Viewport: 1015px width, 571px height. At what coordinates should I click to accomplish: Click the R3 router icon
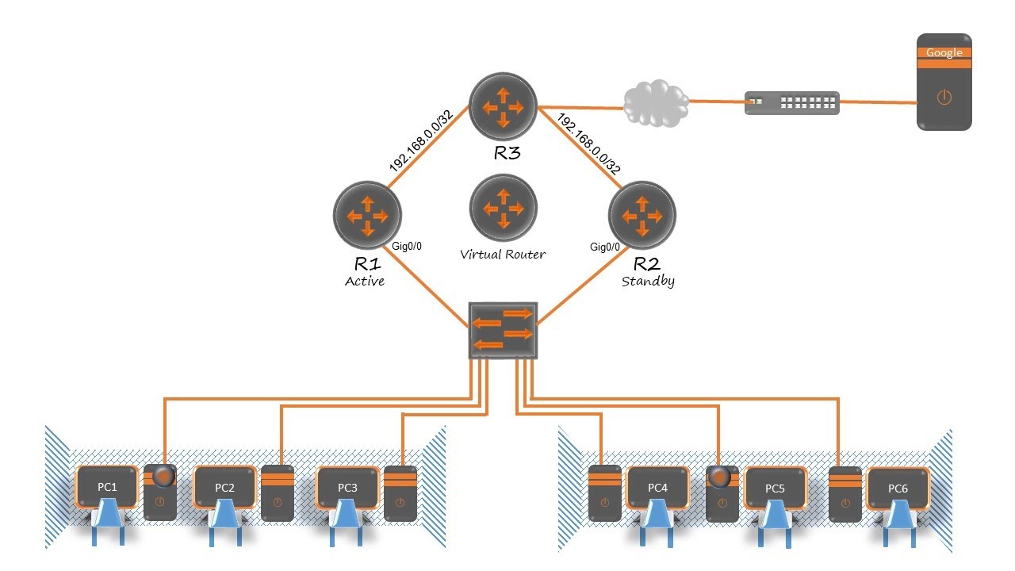(503, 106)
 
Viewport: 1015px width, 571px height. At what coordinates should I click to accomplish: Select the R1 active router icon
(367, 215)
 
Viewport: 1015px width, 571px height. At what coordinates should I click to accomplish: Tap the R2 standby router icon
(641, 215)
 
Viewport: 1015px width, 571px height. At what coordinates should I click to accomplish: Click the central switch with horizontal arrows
(503, 330)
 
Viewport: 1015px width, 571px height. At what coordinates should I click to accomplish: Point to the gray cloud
(654, 101)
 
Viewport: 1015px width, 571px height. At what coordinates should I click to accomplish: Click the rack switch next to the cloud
(791, 102)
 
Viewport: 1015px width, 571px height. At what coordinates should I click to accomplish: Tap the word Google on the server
(944, 53)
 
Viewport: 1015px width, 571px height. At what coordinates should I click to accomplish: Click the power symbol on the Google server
(944, 98)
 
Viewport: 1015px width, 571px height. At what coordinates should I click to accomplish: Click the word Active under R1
(365, 282)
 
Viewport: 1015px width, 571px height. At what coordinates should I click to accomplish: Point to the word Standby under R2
(647, 282)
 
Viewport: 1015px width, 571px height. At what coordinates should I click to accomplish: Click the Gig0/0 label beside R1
(407, 247)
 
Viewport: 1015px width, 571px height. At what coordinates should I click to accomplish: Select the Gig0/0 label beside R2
(605, 247)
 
